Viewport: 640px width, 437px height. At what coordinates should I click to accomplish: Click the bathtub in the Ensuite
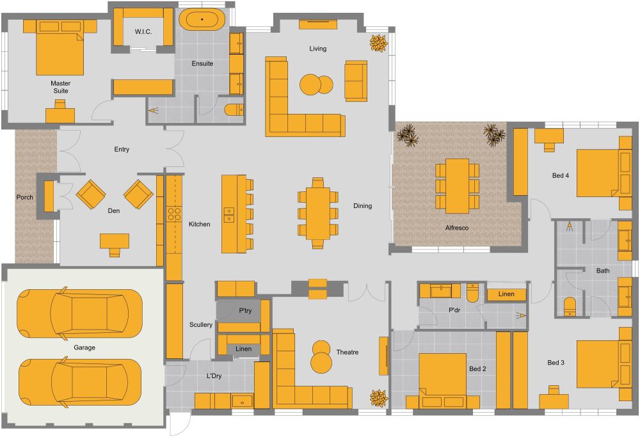click(x=202, y=19)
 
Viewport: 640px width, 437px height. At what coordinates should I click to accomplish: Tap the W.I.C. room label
click(x=143, y=31)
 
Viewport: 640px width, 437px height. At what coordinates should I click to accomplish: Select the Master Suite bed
click(x=60, y=53)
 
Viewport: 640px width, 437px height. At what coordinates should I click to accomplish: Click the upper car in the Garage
click(x=79, y=314)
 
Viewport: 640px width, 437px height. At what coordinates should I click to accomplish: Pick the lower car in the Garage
click(x=79, y=383)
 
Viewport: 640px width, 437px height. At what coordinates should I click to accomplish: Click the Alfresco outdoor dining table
click(x=457, y=186)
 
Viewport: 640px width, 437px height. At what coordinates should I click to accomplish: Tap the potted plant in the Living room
click(x=378, y=43)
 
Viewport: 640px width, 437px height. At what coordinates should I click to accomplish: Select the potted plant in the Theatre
click(x=378, y=397)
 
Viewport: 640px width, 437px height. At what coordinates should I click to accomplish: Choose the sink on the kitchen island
click(x=229, y=215)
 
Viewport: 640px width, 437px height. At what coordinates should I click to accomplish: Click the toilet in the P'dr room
click(x=472, y=292)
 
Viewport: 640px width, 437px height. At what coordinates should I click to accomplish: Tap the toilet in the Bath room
click(x=570, y=306)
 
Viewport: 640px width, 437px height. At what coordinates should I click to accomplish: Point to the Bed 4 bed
click(x=598, y=173)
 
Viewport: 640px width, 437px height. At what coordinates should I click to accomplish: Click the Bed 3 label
click(x=556, y=363)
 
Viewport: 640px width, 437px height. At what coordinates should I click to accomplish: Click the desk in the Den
click(x=115, y=242)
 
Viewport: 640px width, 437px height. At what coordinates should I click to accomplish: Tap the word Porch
click(x=24, y=197)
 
